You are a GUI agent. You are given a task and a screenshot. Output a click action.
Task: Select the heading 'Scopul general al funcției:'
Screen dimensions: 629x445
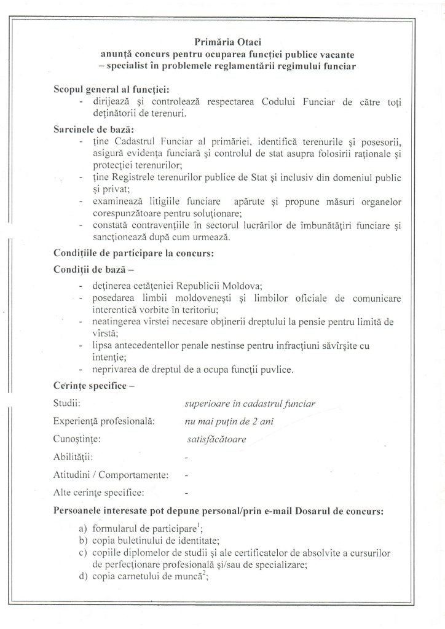tap(108, 90)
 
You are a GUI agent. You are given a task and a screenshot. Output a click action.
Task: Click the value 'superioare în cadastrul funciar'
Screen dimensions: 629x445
tap(250, 404)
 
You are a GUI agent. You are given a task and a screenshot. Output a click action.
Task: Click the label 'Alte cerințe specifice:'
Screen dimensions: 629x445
tap(100, 492)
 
